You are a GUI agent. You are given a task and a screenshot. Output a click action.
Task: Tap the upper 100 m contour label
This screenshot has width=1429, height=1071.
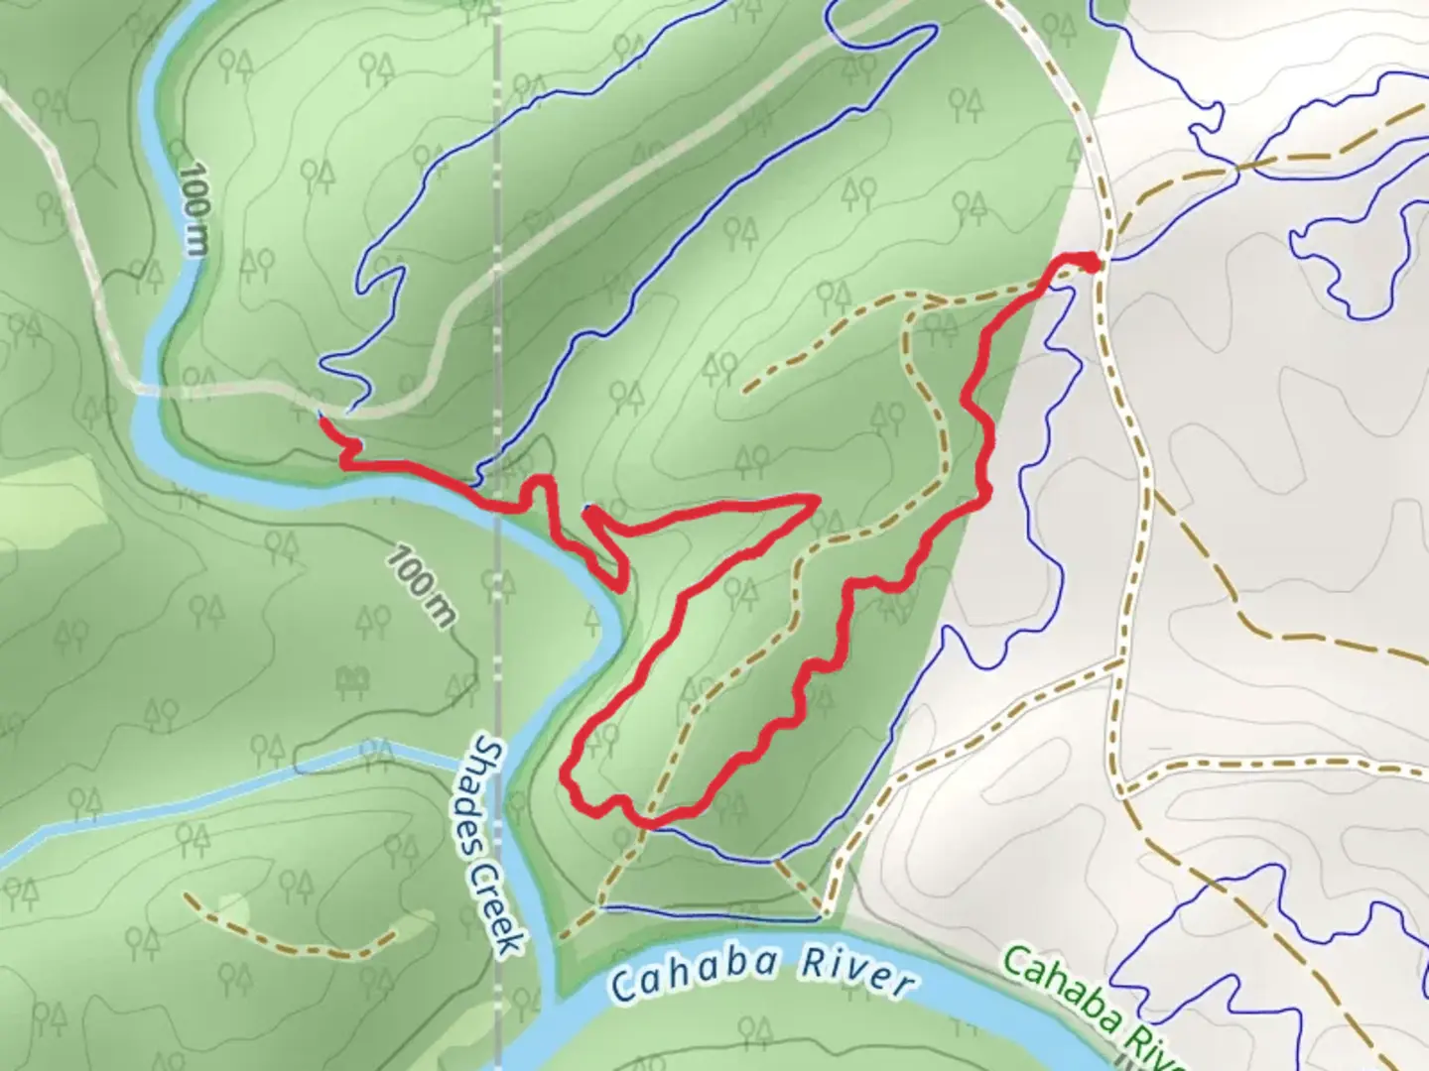tap(195, 209)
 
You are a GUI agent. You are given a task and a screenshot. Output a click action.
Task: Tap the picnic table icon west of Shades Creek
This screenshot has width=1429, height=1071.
tap(350, 680)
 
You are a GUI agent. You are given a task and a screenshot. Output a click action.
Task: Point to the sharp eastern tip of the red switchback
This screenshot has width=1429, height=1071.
tap(816, 499)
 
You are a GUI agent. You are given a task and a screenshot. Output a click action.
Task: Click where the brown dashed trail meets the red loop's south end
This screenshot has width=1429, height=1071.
tap(647, 823)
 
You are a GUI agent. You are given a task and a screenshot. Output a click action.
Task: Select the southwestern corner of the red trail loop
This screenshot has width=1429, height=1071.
tap(569, 778)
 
